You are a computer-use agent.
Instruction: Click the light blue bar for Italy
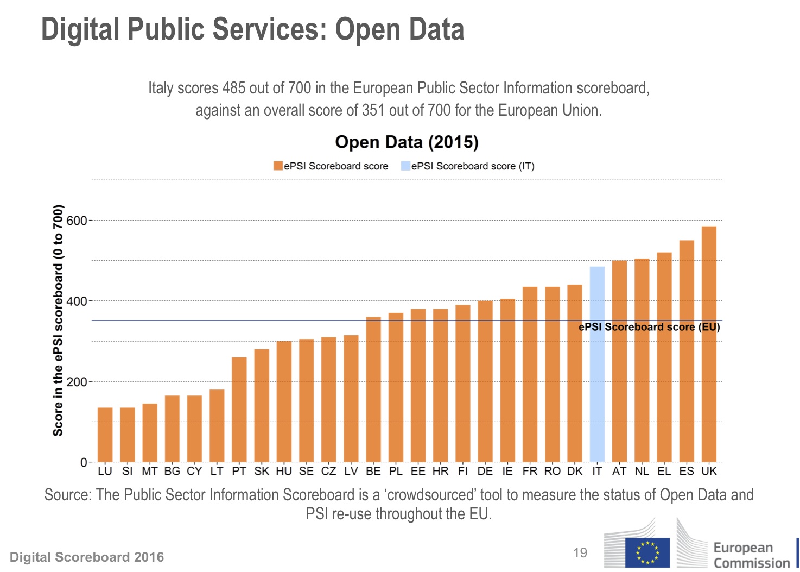tap(597, 364)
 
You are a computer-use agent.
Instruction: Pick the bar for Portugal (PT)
tap(239, 410)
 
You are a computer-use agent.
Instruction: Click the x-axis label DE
tap(485, 472)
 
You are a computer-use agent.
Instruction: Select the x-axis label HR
tap(440, 472)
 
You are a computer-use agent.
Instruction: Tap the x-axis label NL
tap(642, 472)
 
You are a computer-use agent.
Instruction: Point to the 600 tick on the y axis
tap(77, 221)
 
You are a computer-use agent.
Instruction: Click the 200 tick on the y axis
tap(77, 382)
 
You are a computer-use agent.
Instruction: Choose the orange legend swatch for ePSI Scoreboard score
tap(278, 166)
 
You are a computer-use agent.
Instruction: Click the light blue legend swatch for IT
tap(405, 166)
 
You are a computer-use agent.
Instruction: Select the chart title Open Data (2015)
tap(407, 142)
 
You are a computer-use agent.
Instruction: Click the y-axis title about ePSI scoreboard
tap(58, 320)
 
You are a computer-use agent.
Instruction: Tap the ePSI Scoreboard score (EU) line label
tap(649, 327)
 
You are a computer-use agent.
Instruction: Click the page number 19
tap(580, 553)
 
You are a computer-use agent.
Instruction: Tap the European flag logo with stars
tap(647, 553)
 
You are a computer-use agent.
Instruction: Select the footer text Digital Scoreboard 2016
tap(87, 557)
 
